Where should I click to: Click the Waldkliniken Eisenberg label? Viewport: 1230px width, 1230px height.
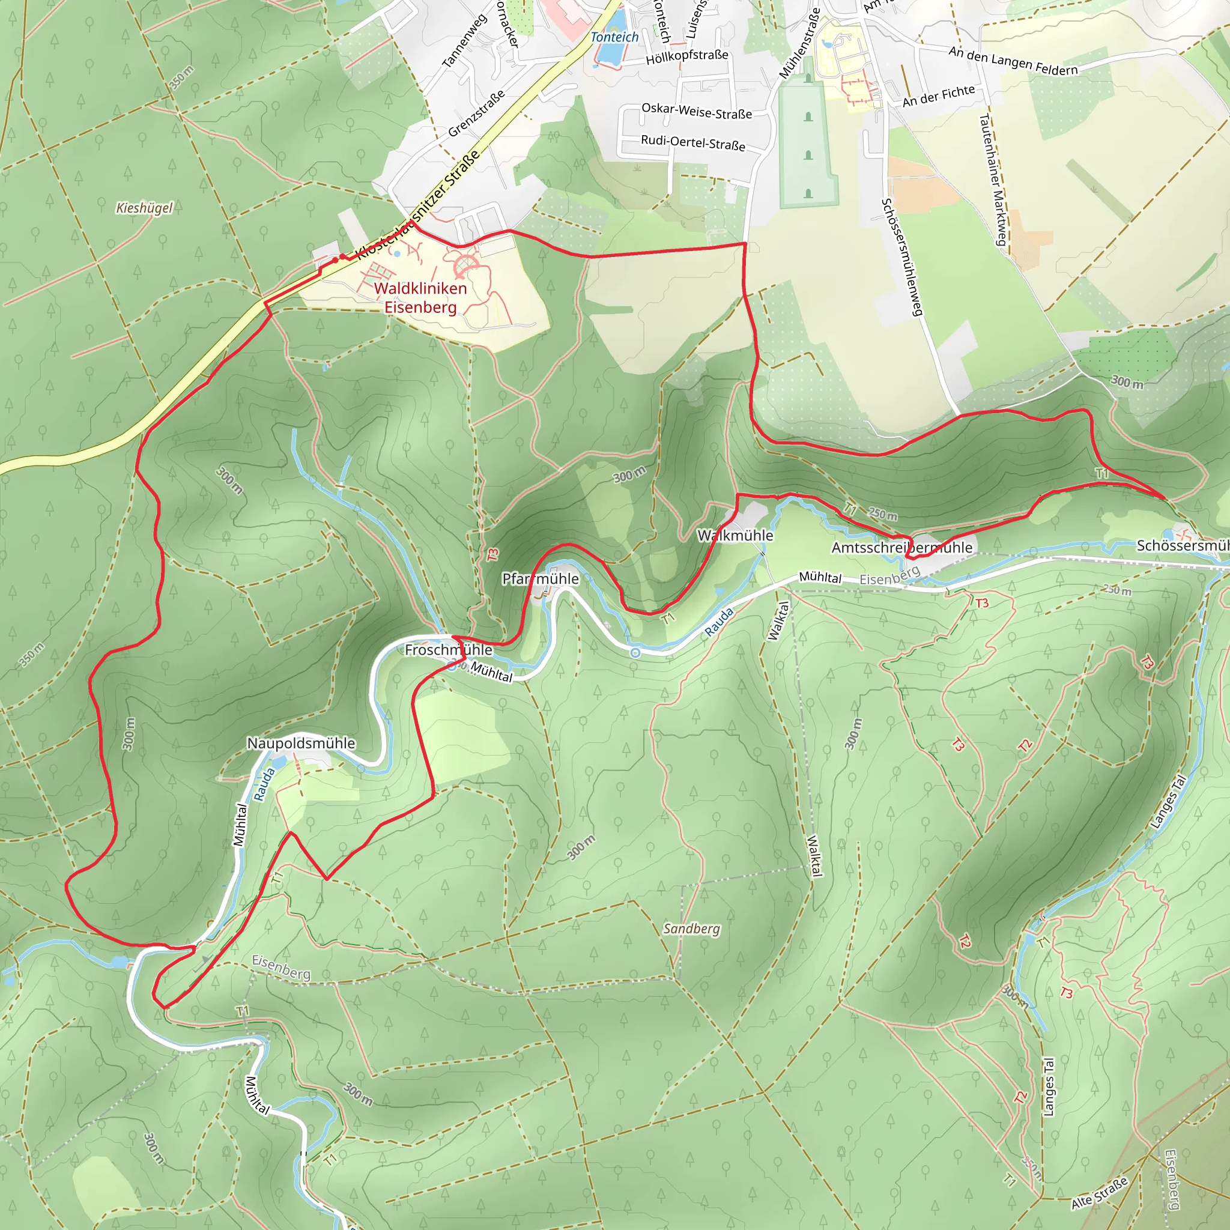click(420, 297)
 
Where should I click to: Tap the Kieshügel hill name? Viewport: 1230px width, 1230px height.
click(145, 208)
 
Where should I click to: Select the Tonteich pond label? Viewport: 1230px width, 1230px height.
click(614, 37)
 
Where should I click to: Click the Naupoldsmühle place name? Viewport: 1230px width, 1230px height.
click(301, 743)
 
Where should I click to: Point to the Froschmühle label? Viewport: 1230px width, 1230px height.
click(448, 649)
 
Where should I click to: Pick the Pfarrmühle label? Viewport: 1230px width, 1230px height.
click(541, 579)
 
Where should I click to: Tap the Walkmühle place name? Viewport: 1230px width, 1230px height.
click(735, 535)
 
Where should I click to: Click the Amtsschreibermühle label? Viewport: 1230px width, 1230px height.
click(901, 548)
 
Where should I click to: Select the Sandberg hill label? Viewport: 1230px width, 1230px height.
click(691, 929)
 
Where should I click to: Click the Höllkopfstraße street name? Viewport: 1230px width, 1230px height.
click(687, 56)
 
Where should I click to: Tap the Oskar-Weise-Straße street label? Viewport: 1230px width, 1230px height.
click(697, 112)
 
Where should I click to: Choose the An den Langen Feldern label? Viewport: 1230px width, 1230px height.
click(1013, 61)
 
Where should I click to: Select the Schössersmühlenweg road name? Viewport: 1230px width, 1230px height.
click(901, 256)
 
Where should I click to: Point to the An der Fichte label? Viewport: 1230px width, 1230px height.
click(939, 96)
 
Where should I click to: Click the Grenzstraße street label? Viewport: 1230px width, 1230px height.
click(476, 114)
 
